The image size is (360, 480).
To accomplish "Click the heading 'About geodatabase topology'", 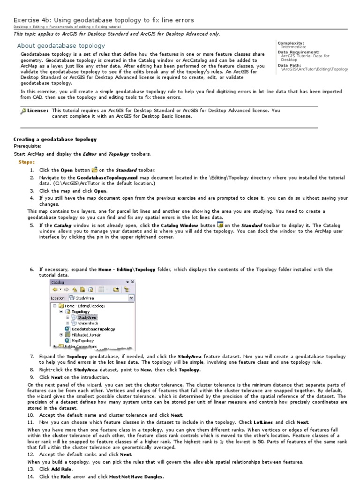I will coord(61,46).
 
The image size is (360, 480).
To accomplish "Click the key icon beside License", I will coord(23,111).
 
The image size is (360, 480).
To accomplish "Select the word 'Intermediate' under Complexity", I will coord(293,47).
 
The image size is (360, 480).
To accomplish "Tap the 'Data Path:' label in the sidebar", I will coord(290,65).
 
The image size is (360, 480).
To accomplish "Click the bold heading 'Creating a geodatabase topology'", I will coord(55,139).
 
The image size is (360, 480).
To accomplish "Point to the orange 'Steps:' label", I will coord(26,162).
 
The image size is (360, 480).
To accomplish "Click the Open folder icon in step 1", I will coord(94,169).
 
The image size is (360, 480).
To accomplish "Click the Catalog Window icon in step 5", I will coord(220,225).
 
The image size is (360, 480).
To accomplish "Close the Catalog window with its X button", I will coord(132,282).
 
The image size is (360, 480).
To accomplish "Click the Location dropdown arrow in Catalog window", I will coord(131,297).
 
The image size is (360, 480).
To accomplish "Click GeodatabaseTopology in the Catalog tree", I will coord(93,329).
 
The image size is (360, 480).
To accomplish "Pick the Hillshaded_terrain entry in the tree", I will coord(86,335).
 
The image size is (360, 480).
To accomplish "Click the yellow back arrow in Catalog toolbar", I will coord(54,289).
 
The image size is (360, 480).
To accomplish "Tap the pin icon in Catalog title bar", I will coord(127,282).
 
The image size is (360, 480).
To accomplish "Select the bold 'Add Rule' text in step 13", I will coord(61,469).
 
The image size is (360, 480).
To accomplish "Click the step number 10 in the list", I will coord(30,415).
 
